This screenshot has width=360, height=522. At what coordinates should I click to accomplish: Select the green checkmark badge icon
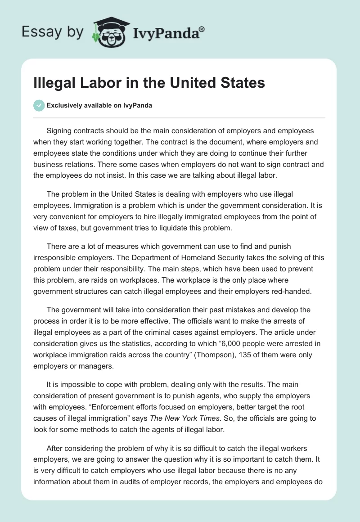39,106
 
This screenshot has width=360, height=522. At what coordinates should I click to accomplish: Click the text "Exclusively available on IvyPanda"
99,106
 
